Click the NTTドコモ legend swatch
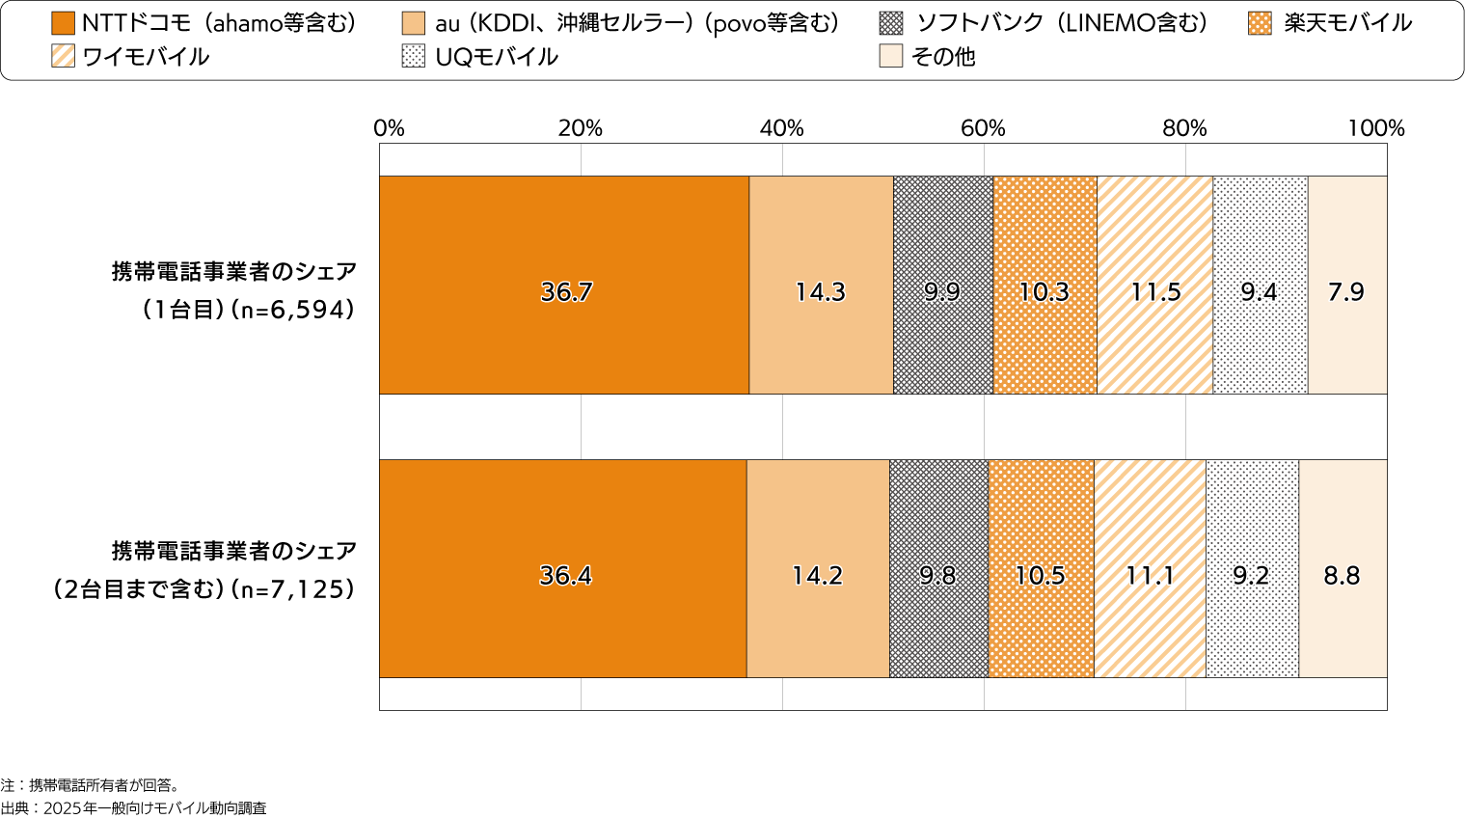(63, 23)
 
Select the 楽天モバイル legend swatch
(1260, 23)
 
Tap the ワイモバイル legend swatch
(63, 56)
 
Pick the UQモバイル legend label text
(497, 56)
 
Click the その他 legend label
(943, 56)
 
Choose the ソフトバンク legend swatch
(892, 23)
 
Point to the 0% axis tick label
(389, 128)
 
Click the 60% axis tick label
(983, 128)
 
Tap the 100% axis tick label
(1376, 128)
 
